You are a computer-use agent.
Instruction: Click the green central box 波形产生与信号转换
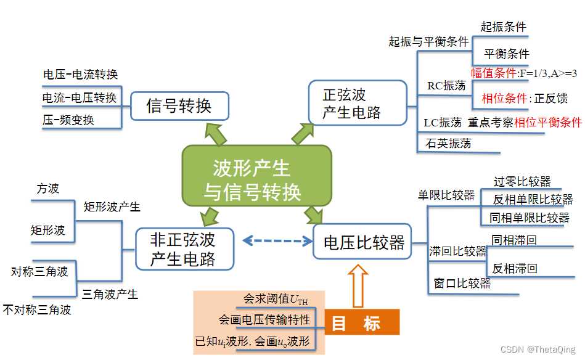pyautogui.click(x=256, y=175)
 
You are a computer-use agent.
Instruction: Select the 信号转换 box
pyautogui.click(x=179, y=106)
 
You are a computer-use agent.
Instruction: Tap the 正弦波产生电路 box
pyautogui.click(x=358, y=102)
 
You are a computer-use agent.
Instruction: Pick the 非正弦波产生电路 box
pyautogui.click(x=185, y=249)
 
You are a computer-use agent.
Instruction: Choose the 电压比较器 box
pyautogui.click(x=362, y=242)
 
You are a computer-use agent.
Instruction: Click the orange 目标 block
pyautogui.click(x=362, y=322)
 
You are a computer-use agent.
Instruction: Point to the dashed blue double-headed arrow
pyautogui.click(x=277, y=240)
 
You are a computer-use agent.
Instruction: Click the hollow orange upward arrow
pyautogui.click(x=358, y=286)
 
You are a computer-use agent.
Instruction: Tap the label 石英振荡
pyautogui.click(x=448, y=143)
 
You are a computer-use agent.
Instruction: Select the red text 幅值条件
pyautogui.click(x=493, y=73)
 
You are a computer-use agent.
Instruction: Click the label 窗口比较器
pyautogui.click(x=462, y=283)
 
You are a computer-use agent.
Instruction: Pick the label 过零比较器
pyautogui.click(x=522, y=182)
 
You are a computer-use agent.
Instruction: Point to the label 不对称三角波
pyautogui.click(x=37, y=309)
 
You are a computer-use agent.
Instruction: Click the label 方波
pyautogui.click(x=47, y=189)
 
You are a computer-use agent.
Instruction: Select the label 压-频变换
pyautogui.click(x=68, y=120)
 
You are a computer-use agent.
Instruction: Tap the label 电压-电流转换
pyautogui.click(x=81, y=74)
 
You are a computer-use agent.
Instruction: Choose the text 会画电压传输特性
pyautogui.click(x=264, y=319)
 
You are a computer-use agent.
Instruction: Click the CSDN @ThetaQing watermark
pyautogui.click(x=538, y=349)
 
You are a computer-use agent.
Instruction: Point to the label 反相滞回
pyautogui.click(x=515, y=268)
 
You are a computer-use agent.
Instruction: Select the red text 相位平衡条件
pyautogui.click(x=547, y=122)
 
